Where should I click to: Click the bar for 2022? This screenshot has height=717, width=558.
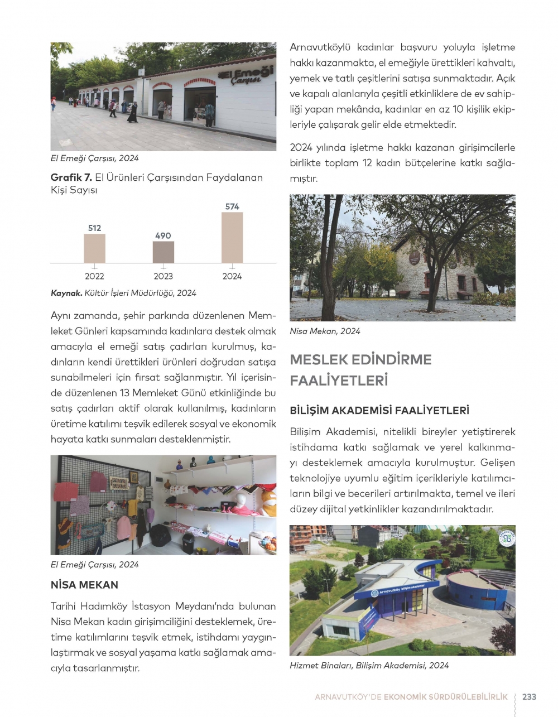pos(94,248)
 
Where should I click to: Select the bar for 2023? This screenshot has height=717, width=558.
pos(163,252)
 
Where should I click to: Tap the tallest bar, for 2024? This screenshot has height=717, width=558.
pos(232,238)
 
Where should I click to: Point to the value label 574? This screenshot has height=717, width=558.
pos(232,206)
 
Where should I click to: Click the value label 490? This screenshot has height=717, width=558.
pos(163,235)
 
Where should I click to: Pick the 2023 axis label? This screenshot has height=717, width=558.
pos(163,276)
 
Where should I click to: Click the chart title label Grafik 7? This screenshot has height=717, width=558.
pos(71,177)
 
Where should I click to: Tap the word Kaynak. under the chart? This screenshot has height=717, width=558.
pos(66,293)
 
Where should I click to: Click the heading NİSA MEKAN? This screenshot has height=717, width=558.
pos(84,585)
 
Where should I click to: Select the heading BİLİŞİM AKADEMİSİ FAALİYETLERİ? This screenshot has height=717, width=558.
pos(379,411)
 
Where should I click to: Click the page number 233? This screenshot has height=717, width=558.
pos(529,697)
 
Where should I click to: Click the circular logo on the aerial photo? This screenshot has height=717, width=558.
pos(506,538)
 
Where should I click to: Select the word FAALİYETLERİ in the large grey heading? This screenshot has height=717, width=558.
pos(339,381)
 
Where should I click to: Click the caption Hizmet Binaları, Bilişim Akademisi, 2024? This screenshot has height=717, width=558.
pos(369,665)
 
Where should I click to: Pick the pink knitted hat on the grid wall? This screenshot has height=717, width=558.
pos(98,481)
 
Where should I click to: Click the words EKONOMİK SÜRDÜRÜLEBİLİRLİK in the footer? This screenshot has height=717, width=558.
pos(446,697)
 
